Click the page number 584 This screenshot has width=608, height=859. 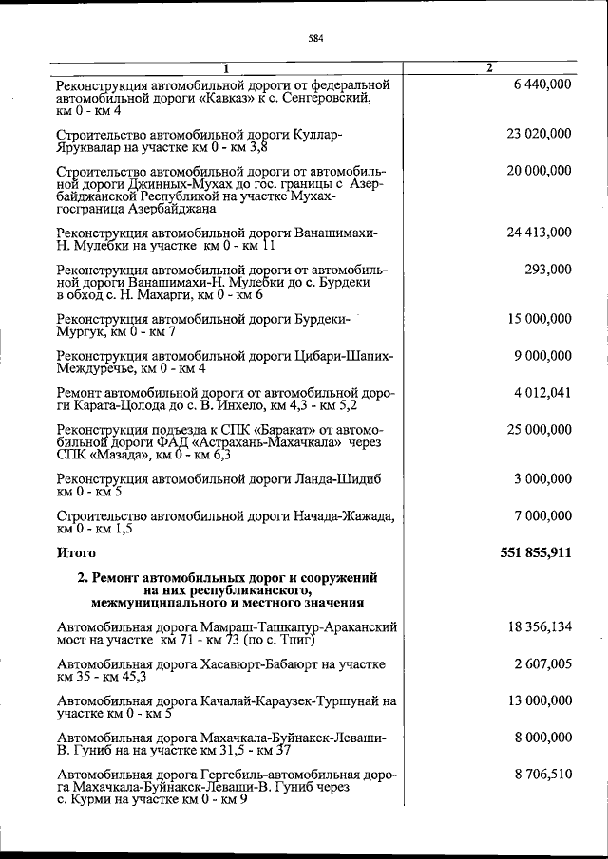[316, 39]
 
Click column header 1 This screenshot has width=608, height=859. [225, 67]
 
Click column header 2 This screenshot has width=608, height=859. [488, 67]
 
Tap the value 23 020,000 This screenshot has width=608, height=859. [539, 134]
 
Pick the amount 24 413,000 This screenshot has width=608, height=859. [539, 232]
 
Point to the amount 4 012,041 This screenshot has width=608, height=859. [541, 392]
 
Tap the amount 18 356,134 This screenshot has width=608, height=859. [539, 626]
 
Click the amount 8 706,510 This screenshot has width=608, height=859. [541, 775]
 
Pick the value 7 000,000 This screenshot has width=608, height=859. [541, 515]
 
